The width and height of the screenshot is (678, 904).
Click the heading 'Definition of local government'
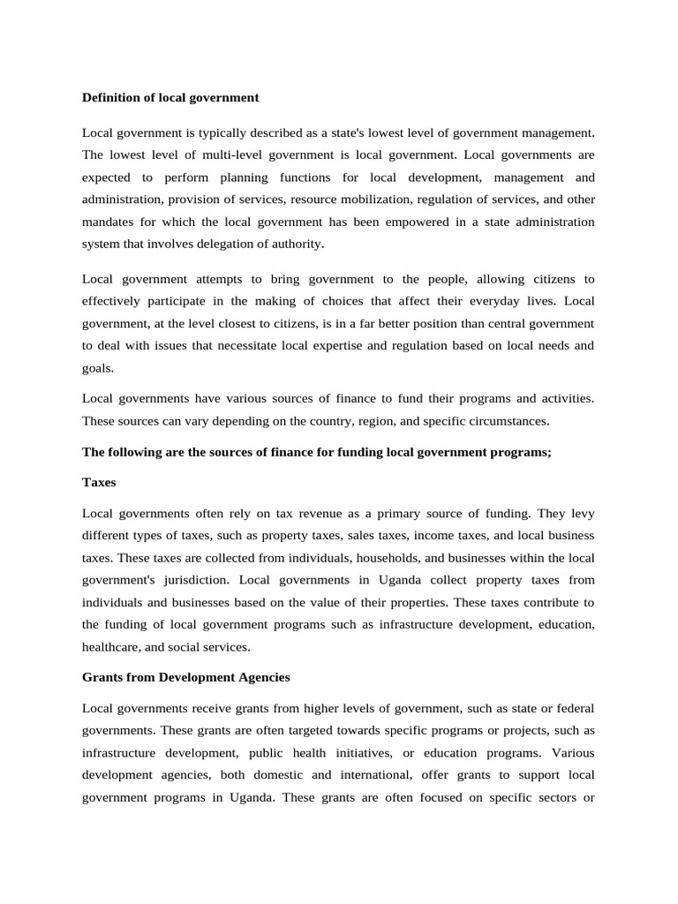coord(170,98)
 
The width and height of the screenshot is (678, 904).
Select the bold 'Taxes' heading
coord(99,483)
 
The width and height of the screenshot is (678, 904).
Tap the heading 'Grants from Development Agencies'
coord(185,677)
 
